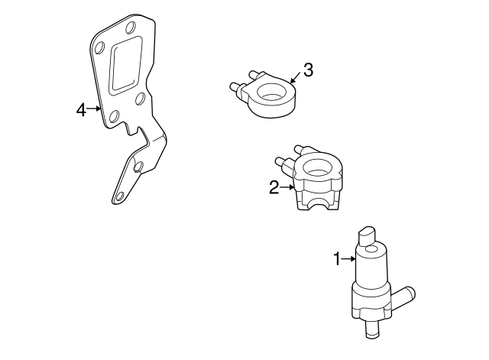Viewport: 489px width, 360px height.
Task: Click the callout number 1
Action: [337, 259]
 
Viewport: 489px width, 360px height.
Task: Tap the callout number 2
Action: [274, 187]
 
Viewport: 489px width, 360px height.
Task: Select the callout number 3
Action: [308, 70]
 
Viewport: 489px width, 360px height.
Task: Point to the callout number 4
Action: [81, 109]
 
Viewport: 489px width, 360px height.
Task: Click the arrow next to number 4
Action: [94, 109]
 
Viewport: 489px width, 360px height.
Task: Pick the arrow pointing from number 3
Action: [295, 78]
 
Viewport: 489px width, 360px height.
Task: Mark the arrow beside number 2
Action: [287, 187]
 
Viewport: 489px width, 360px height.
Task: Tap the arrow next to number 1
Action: [348, 258]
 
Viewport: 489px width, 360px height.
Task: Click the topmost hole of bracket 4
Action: [131, 28]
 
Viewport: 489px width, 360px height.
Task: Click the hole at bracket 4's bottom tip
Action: [119, 196]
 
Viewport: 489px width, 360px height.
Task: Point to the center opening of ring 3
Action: [272, 92]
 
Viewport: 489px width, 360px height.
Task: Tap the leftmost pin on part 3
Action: [235, 87]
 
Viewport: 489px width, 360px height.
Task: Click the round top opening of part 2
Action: [318, 167]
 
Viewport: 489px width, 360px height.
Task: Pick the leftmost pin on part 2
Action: [281, 162]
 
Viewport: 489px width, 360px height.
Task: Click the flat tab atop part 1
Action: [368, 236]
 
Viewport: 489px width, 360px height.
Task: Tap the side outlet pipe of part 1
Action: [403, 297]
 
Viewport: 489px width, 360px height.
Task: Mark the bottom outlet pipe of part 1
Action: [372, 329]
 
